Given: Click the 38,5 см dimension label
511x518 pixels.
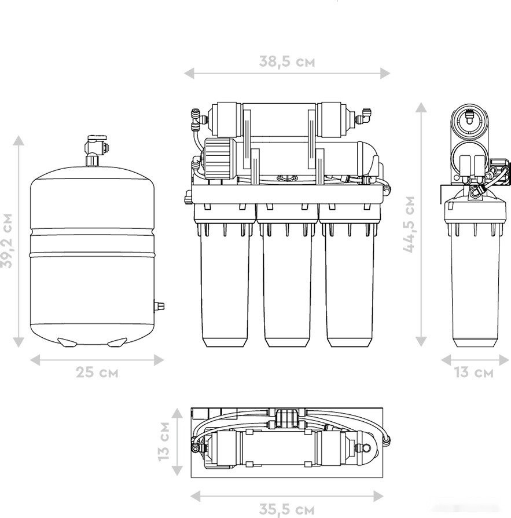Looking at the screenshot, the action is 286,61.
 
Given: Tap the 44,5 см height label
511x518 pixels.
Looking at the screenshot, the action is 409,224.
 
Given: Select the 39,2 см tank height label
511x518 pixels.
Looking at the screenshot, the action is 6,241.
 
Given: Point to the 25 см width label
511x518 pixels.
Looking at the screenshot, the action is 97,373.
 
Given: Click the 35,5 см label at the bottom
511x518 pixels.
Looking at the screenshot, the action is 286,509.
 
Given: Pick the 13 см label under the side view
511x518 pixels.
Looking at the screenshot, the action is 474,373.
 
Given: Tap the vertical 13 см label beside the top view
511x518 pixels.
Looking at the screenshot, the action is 163,441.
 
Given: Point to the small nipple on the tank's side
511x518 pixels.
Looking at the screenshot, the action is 159,306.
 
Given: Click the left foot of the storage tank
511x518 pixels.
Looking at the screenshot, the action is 67,342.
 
